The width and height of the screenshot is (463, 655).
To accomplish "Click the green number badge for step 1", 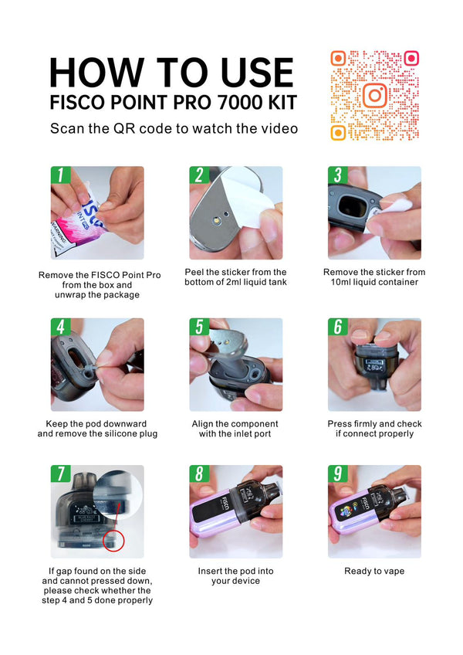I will (x=60, y=175).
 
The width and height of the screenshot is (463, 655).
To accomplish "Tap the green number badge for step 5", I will (x=198, y=327).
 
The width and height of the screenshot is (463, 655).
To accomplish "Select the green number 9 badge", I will (x=337, y=474).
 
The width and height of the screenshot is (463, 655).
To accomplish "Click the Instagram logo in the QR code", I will (x=374, y=96).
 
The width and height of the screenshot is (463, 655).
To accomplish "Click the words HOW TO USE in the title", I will (x=171, y=73).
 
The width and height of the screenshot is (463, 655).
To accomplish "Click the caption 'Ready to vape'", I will (x=374, y=571).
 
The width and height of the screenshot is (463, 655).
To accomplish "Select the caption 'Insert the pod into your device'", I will (x=235, y=575).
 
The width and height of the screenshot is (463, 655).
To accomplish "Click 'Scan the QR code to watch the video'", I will (x=174, y=128).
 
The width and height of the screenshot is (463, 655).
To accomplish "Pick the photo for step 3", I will (x=374, y=213).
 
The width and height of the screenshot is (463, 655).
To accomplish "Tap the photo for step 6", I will (x=374, y=365).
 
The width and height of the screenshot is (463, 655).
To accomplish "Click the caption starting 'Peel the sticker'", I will (x=235, y=277).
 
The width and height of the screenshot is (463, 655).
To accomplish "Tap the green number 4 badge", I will (x=60, y=327).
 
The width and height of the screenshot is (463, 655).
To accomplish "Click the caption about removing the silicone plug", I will (x=97, y=429).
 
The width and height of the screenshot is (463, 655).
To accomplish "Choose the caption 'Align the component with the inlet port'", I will (x=235, y=429).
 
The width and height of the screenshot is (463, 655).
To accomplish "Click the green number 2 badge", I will (x=198, y=175).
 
